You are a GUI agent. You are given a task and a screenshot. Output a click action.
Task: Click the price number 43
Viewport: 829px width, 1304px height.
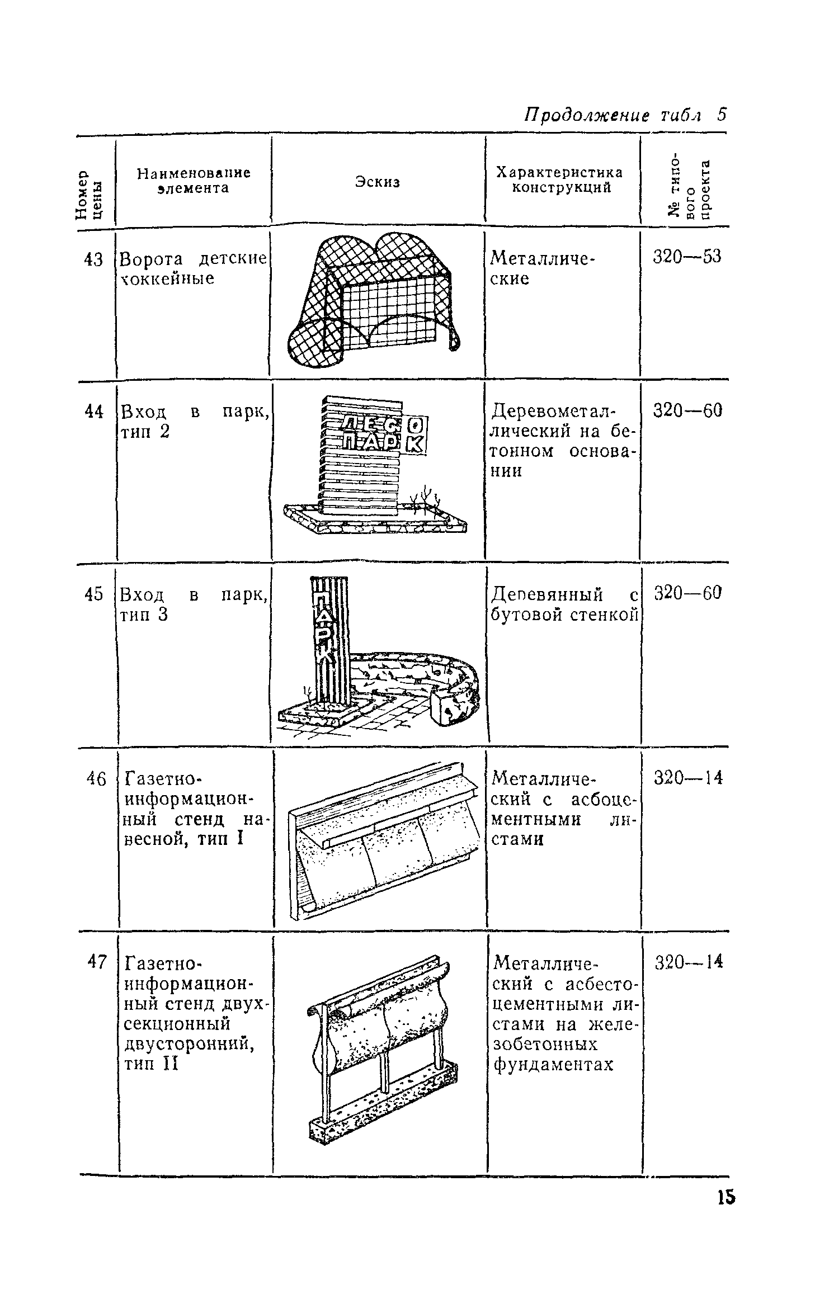pyautogui.click(x=93, y=259)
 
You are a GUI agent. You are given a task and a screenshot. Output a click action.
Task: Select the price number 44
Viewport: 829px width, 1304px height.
pyautogui.click(x=94, y=412)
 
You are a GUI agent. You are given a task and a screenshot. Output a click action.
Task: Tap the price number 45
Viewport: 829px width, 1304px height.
pyautogui.click(x=94, y=594)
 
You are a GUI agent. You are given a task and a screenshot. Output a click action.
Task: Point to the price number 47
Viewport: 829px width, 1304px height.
pyautogui.click(x=96, y=961)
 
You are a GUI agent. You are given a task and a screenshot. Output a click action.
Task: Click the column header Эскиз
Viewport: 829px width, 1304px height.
pyautogui.click(x=378, y=181)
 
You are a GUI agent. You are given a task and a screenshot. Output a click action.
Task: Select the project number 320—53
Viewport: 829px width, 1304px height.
pyautogui.click(x=687, y=257)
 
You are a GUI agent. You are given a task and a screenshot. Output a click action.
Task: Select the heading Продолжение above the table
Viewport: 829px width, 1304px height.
pyautogui.click(x=586, y=115)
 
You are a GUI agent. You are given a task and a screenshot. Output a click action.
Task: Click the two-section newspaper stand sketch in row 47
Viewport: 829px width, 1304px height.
pyautogui.click(x=383, y=1045)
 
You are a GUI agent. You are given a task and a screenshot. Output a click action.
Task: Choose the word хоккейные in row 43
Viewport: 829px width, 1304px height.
pyautogui.click(x=168, y=278)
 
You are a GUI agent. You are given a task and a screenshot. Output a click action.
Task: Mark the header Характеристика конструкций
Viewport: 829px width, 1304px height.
pyautogui.click(x=560, y=180)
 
